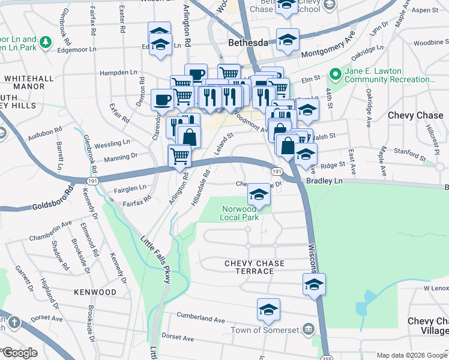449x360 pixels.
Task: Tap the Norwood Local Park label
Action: click(x=240, y=213)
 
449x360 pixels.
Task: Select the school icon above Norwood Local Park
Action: click(x=259, y=194)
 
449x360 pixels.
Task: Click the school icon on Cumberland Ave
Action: click(x=268, y=310)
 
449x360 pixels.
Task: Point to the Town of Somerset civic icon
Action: click(x=309, y=329)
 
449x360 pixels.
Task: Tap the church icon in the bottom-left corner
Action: click(x=14, y=322)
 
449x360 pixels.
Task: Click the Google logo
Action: click(x=20, y=353)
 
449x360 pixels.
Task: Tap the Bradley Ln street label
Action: click(x=324, y=180)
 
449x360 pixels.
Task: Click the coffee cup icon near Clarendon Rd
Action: click(x=162, y=99)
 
